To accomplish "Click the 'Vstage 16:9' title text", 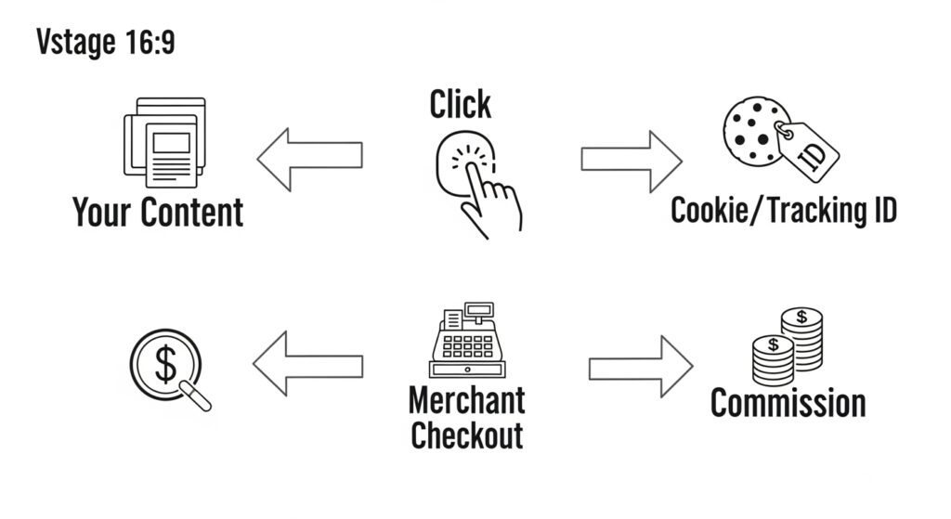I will [105, 42].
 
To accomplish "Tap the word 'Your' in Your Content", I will [101, 212].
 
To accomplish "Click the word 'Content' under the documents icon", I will [191, 212].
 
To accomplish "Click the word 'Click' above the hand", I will [461, 105].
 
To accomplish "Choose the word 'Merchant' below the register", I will [467, 401].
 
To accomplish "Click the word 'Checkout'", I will [467, 435].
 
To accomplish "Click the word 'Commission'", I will [788, 404].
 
